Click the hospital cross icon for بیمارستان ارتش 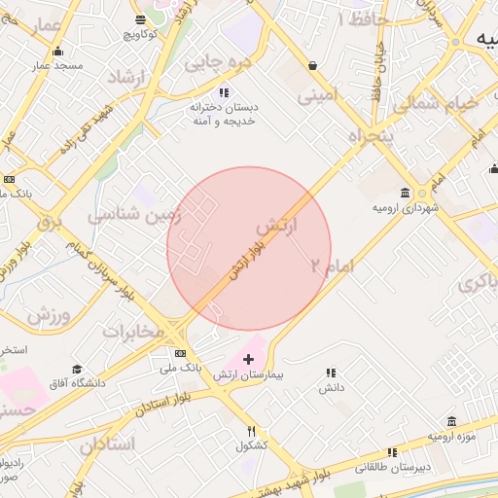click(248, 359)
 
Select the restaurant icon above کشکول click(251, 432)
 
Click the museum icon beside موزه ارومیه click(451, 421)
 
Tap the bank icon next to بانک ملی click(180, 353)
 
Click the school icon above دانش click(331, 373)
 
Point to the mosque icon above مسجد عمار click(57, 52)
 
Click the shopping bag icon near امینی click(311, 66)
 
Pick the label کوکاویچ click(141, 34)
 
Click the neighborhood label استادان click(107, 445)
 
